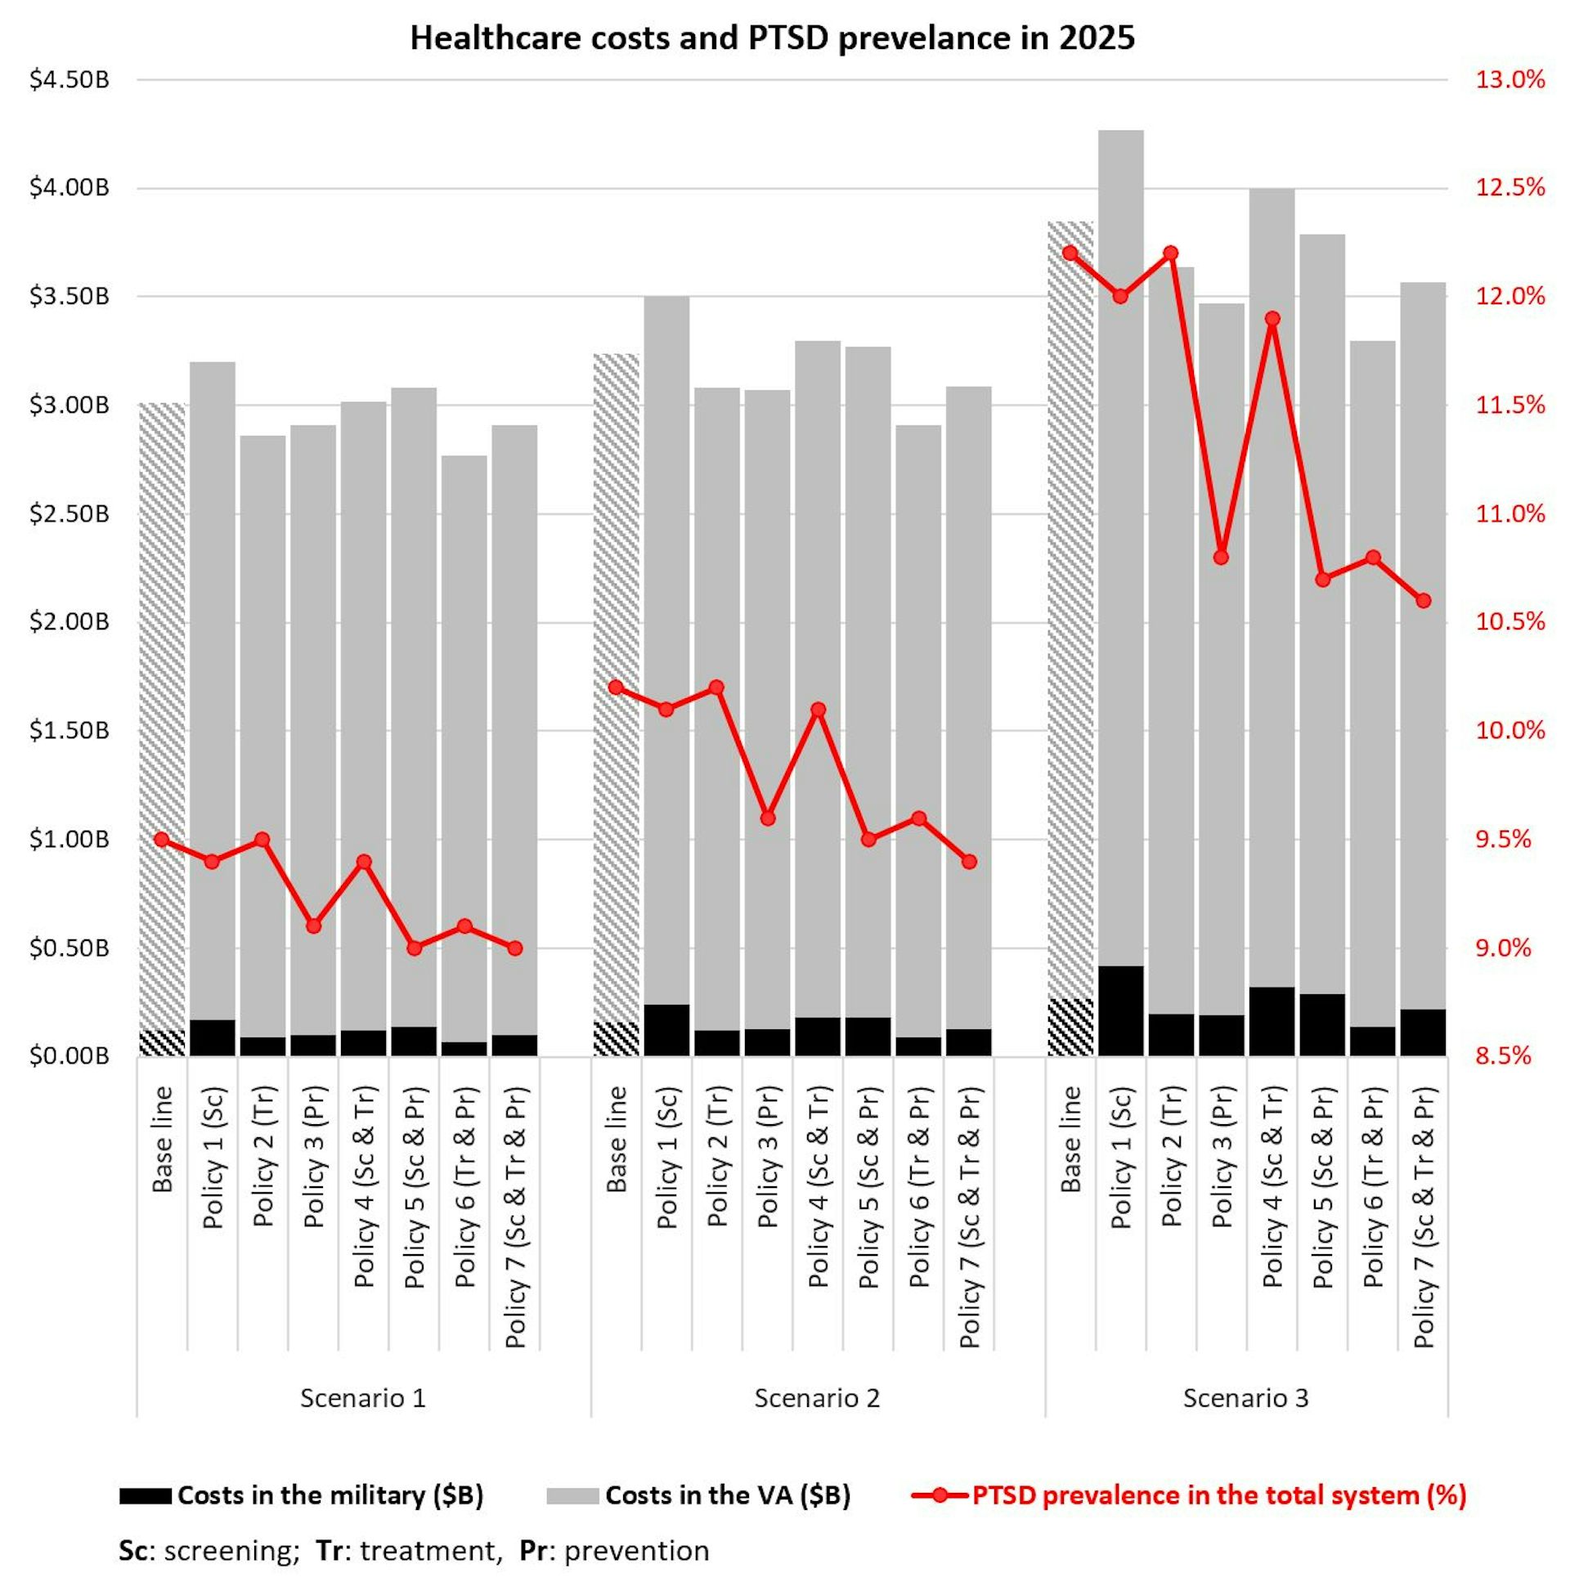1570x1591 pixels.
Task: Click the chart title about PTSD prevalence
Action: (772, 38)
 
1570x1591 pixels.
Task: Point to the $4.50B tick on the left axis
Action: (70, 81)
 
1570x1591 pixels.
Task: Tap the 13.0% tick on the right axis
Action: (1509, 81)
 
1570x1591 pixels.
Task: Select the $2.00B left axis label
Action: (70, 621)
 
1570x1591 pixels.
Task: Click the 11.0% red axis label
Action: (1509, 514)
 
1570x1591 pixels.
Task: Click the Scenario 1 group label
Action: (362, 1397)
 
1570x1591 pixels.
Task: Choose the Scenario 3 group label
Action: (1245, 1397)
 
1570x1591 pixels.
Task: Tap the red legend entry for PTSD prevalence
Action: (1218, 1495)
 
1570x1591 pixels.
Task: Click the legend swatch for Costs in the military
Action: (145, 1495)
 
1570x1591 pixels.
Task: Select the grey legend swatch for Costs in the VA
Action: (572, 1495)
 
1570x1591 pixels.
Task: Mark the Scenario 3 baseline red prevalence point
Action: (1070, 253)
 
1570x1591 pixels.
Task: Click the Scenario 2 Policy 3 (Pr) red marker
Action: (768, 818)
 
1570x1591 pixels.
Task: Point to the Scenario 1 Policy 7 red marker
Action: (515, 948)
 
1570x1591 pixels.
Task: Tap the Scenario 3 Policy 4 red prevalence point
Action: (1272, 319)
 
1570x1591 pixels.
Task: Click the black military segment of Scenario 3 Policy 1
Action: (1120, 1011)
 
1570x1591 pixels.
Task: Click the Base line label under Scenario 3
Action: (1070, 1140)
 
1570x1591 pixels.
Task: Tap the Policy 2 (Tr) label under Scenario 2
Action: (717, 1156)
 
